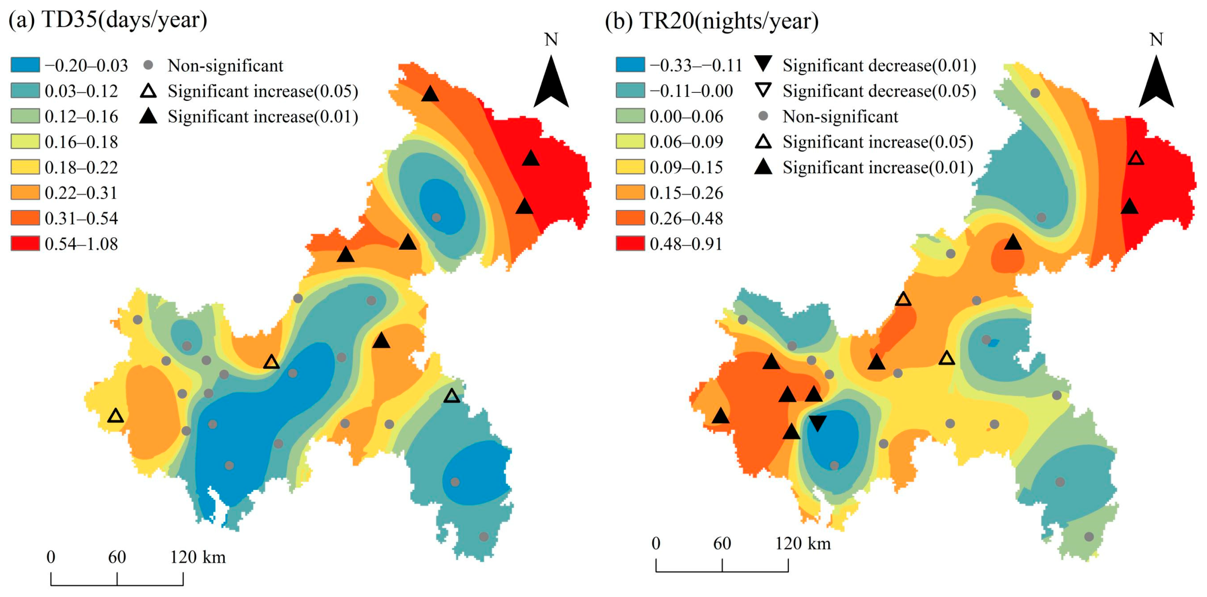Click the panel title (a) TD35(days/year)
[108, 20]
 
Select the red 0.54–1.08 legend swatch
[25, 244]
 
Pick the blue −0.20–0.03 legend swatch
[25, 65]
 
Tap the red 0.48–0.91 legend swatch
[630, 244]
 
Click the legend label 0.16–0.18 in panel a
[81, 142]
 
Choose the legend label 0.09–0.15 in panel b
[686, 167]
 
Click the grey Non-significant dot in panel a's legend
[149, 65]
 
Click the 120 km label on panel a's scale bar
[198, 557]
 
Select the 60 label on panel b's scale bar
[722, 543]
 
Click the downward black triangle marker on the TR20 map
[817, 422]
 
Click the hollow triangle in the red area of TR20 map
[1136, 158]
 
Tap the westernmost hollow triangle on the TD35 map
[116, 416]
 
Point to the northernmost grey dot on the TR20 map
[1036, 93]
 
